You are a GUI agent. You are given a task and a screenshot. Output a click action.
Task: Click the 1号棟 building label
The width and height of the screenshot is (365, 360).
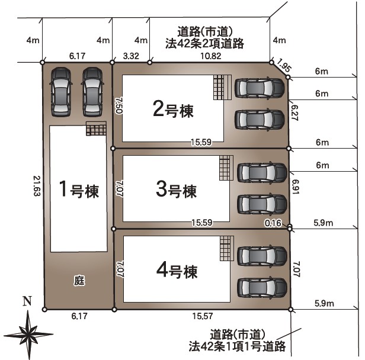coord(79,189)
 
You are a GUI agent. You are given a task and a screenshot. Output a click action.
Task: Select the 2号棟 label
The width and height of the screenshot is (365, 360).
coord(173,110)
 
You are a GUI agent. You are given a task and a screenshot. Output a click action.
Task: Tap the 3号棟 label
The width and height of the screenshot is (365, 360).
coord(176,189)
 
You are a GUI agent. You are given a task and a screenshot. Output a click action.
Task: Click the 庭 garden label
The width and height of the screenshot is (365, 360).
coord(79,280)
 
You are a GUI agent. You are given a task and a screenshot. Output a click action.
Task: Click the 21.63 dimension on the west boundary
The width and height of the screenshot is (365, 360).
coord(37,186)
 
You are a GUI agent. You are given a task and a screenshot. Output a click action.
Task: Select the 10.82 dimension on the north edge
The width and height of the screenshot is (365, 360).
coord(211,56)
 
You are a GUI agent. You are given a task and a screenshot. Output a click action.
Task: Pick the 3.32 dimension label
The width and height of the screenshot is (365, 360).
coord(131,56)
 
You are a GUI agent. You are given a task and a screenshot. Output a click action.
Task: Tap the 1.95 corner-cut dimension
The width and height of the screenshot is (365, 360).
coord(284,65)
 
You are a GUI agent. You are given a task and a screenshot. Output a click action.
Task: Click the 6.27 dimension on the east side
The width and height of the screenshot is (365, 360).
coord(294,112)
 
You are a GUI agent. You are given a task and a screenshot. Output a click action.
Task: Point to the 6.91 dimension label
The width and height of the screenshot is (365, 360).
coord(296,187)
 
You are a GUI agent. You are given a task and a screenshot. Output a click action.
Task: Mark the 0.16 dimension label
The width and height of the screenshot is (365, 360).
coord(273,223)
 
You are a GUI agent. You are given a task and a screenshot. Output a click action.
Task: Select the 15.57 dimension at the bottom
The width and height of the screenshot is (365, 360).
coord(203,316)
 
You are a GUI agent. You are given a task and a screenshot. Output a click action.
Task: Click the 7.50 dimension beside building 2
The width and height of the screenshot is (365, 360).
coord(119,105)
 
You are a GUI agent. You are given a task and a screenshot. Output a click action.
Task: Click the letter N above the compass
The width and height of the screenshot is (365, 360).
coord(27,301)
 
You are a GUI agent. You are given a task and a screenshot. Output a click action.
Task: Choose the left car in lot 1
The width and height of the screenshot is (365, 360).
coord(61,92)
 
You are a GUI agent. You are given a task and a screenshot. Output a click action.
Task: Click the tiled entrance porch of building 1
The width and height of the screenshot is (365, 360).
coord(96,128)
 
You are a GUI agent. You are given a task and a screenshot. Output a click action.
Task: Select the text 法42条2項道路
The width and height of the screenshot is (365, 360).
coord(204,43)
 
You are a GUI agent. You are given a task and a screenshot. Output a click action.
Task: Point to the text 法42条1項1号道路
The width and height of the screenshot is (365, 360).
coord(237,346)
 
